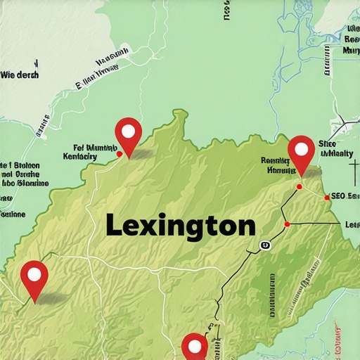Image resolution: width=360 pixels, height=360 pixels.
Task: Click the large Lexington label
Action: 181,226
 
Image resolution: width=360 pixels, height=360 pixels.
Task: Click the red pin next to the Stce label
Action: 302,153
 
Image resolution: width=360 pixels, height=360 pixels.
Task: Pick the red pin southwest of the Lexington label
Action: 34,278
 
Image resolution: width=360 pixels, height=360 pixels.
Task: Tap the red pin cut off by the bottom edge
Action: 195,347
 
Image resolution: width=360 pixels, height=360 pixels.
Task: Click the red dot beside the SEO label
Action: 327,198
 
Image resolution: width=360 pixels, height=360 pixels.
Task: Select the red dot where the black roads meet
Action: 287,224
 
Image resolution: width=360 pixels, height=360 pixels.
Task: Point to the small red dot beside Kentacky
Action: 120,153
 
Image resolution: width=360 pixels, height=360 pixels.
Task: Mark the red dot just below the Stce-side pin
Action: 300,187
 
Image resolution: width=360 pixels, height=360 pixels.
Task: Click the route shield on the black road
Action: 264,245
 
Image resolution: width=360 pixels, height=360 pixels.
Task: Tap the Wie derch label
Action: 19,75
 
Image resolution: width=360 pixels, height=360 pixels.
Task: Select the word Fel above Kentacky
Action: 77,148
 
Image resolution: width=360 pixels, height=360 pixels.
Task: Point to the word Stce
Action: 328,142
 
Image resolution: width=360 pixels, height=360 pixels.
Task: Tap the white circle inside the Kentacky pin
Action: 128,130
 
